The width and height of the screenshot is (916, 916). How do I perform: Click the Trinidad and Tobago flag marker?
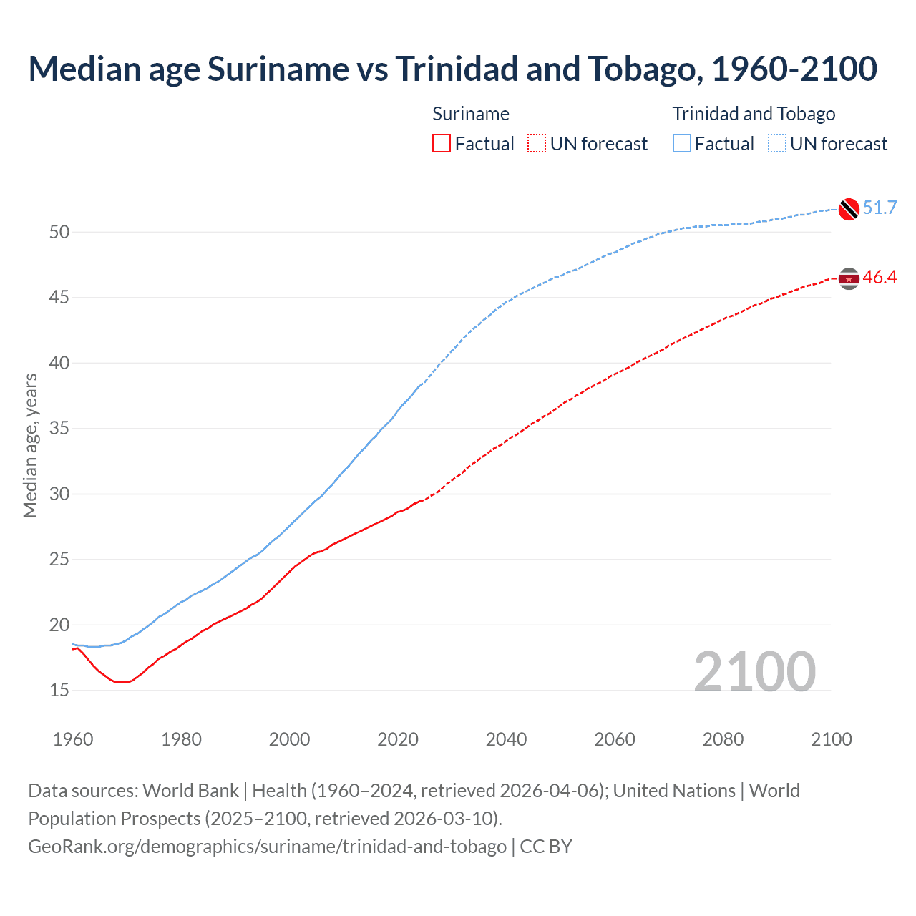[x=849, y=209]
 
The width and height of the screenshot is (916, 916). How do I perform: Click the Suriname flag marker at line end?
[x=849, y=278]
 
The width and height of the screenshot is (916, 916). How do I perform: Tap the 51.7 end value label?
[x=880, y=208]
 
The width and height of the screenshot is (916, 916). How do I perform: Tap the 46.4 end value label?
[x=880, y=278]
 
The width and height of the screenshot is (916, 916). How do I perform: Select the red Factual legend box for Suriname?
[x=442, y=144]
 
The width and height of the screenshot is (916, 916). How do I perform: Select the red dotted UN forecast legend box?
[x=537, y=144]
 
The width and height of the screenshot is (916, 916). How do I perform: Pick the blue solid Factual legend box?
[x=682, y=144]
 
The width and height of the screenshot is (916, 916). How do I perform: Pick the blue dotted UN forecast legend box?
[x=776, y=144]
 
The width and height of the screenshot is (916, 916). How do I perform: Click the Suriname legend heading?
[x=471, y=114]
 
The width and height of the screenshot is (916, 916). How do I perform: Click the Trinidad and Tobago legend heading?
[x=754, y=114]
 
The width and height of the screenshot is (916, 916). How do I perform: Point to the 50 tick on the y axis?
[x=59, y=232]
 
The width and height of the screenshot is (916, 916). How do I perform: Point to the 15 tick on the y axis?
[x=59, y=691]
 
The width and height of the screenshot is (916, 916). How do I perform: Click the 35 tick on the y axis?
[x=59, y=429]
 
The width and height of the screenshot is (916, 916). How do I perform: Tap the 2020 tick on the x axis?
[x=398, y=739]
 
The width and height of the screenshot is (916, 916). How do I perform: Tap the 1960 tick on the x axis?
[x=73, y=739]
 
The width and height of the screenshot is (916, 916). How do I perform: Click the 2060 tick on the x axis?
[x=615, y=739]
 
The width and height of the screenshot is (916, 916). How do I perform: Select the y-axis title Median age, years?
[x=30, y=445]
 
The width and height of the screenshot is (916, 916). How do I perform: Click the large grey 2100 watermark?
[x=754, y=672]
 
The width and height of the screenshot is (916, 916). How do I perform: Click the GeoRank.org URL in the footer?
[x=267, y=847]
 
